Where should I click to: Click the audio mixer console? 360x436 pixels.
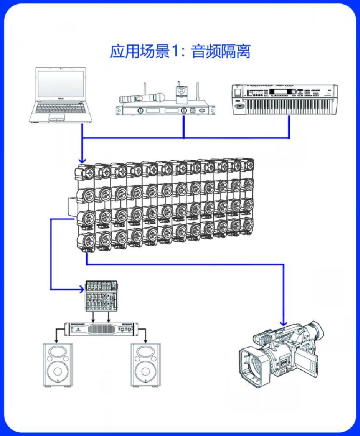pos(101,296)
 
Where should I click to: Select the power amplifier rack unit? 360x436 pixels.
pos(101,329)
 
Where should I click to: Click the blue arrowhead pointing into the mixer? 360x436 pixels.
pos(82,289)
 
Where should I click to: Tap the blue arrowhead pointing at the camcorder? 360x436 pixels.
pos(283,323)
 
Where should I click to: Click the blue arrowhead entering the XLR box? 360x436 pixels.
pos(82,160)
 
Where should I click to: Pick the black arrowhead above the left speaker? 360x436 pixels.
pos(56,341)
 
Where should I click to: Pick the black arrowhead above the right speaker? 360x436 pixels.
pos(145,341)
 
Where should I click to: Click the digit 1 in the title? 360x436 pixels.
pos(174,52)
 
